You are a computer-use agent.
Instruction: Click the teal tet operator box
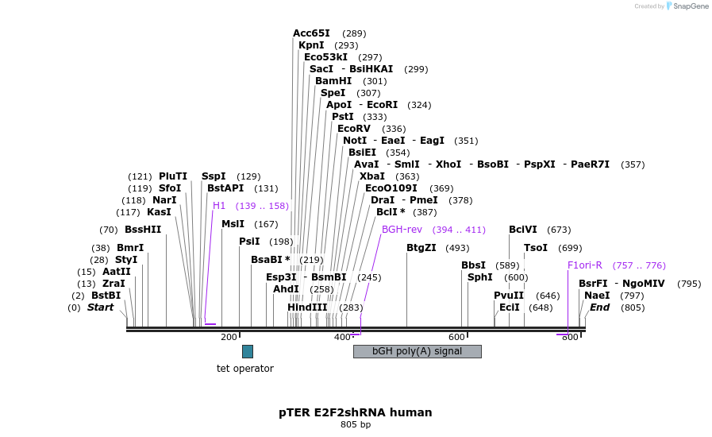[x=247, y=351]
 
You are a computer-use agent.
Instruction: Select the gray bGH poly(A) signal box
[x=417, y=351]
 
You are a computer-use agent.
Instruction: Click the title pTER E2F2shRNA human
[x=355, y=412]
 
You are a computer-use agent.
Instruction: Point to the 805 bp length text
[x=355, y=425]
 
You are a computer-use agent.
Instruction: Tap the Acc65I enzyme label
[x=311, y=33]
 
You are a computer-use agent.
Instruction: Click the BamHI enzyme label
[x=333, y=81]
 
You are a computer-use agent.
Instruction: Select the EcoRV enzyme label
[x=354, y=129]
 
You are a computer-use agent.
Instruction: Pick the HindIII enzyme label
[x=307, y=307]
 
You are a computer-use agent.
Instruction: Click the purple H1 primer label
[x=219, y=206]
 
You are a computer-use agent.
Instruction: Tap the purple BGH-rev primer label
[x=402, y=230]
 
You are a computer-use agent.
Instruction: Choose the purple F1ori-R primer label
[x=585, y=265]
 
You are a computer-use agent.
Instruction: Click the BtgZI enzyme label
[x=421, y=248]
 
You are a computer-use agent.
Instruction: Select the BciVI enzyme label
[x=523, y=230]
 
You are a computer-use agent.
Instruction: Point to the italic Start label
[x=101, y=307]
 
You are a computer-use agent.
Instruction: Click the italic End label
[x=599, y=307]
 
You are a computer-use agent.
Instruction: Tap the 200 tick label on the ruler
[x=229, y=338]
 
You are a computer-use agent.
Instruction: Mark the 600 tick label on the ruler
[x=456, y=338]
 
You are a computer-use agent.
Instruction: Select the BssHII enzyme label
[x=143, y=230]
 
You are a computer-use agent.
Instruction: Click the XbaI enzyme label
[x=372, y=176]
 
